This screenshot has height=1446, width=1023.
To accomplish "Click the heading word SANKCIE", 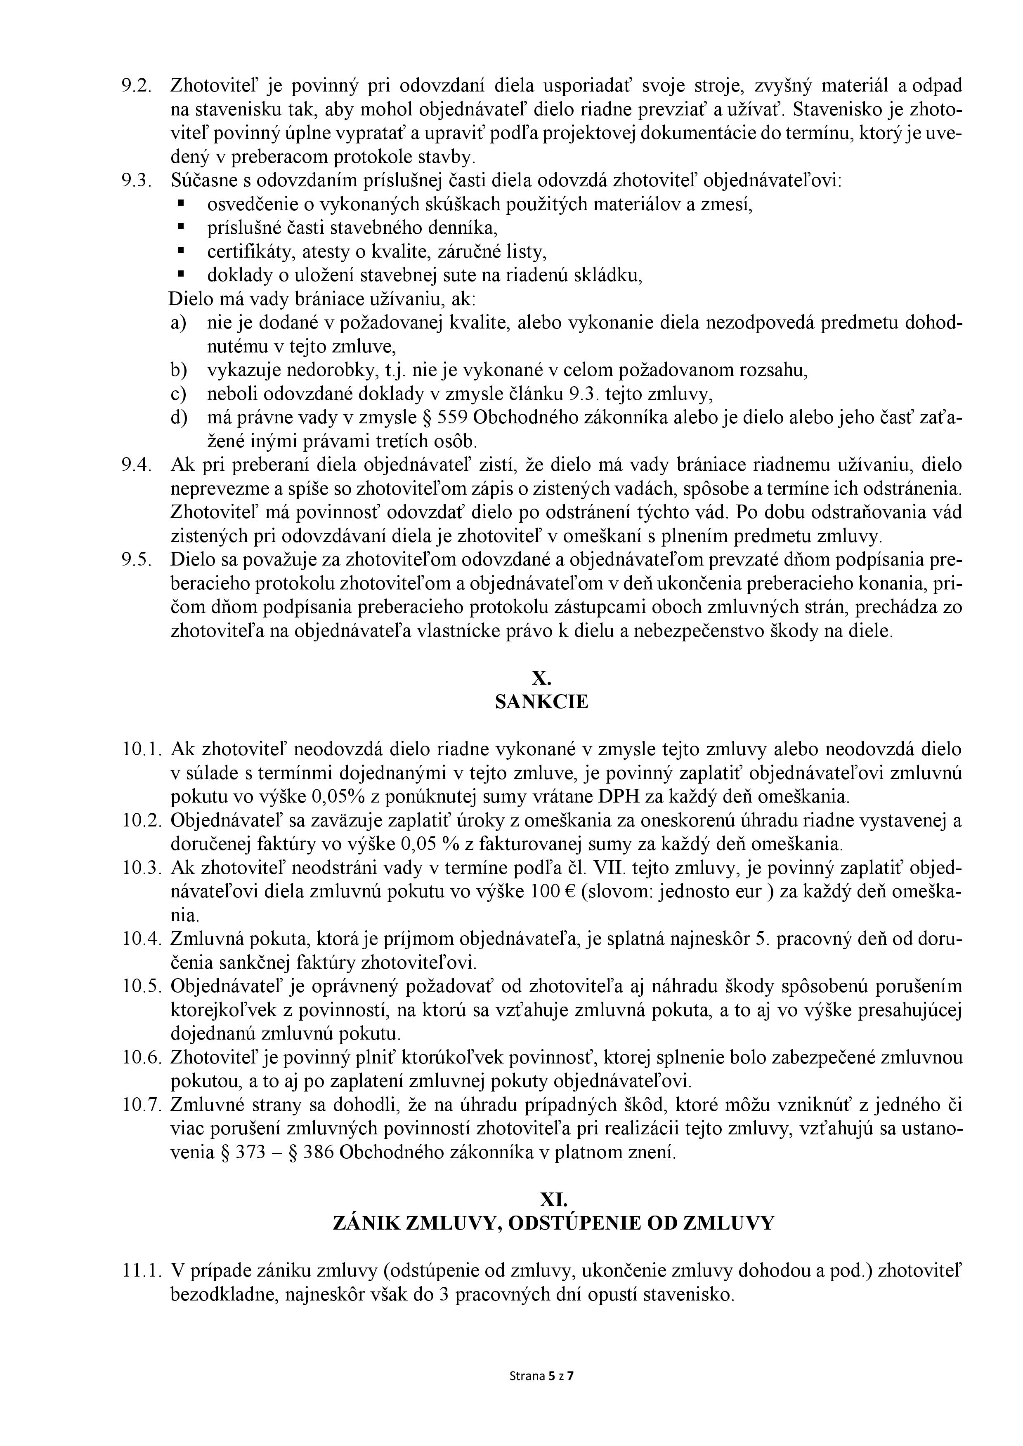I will click(541, 702).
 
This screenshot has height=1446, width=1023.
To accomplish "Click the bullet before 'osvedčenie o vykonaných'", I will click(181, 204).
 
